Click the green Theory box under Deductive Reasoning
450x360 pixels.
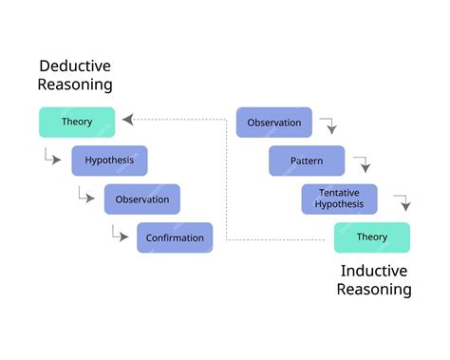click(x=77, y=122)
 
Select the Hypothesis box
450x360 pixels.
click(x=109, y=161)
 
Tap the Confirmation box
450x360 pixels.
click(x=175, y=237)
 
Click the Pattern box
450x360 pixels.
click(x=307, y=161)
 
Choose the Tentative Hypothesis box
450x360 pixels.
click(x=339, y=199)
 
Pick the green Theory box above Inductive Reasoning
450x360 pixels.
click(x=371, y=237)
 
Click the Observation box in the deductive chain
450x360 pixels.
click(x=142, y=199)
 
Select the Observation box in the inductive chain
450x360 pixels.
click(x=273, y=123)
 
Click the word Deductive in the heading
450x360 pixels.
click(x=75, y=66)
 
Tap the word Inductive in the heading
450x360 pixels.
click(x=374, y=271)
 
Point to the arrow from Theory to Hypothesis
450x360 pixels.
click(x=52, y=157)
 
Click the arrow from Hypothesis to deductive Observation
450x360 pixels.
click(x=85, y=195)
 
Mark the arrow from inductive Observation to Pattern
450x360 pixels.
click(x=328, y=125)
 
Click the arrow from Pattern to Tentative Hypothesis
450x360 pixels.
click(x=362, y=163)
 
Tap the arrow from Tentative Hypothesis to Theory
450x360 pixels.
click(x=402, y=201)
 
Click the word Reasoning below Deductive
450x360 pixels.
click(x=75, y=85)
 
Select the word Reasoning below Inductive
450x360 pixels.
click(x=374, y=290)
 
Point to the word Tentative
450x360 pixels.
click(x=339, y=193)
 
